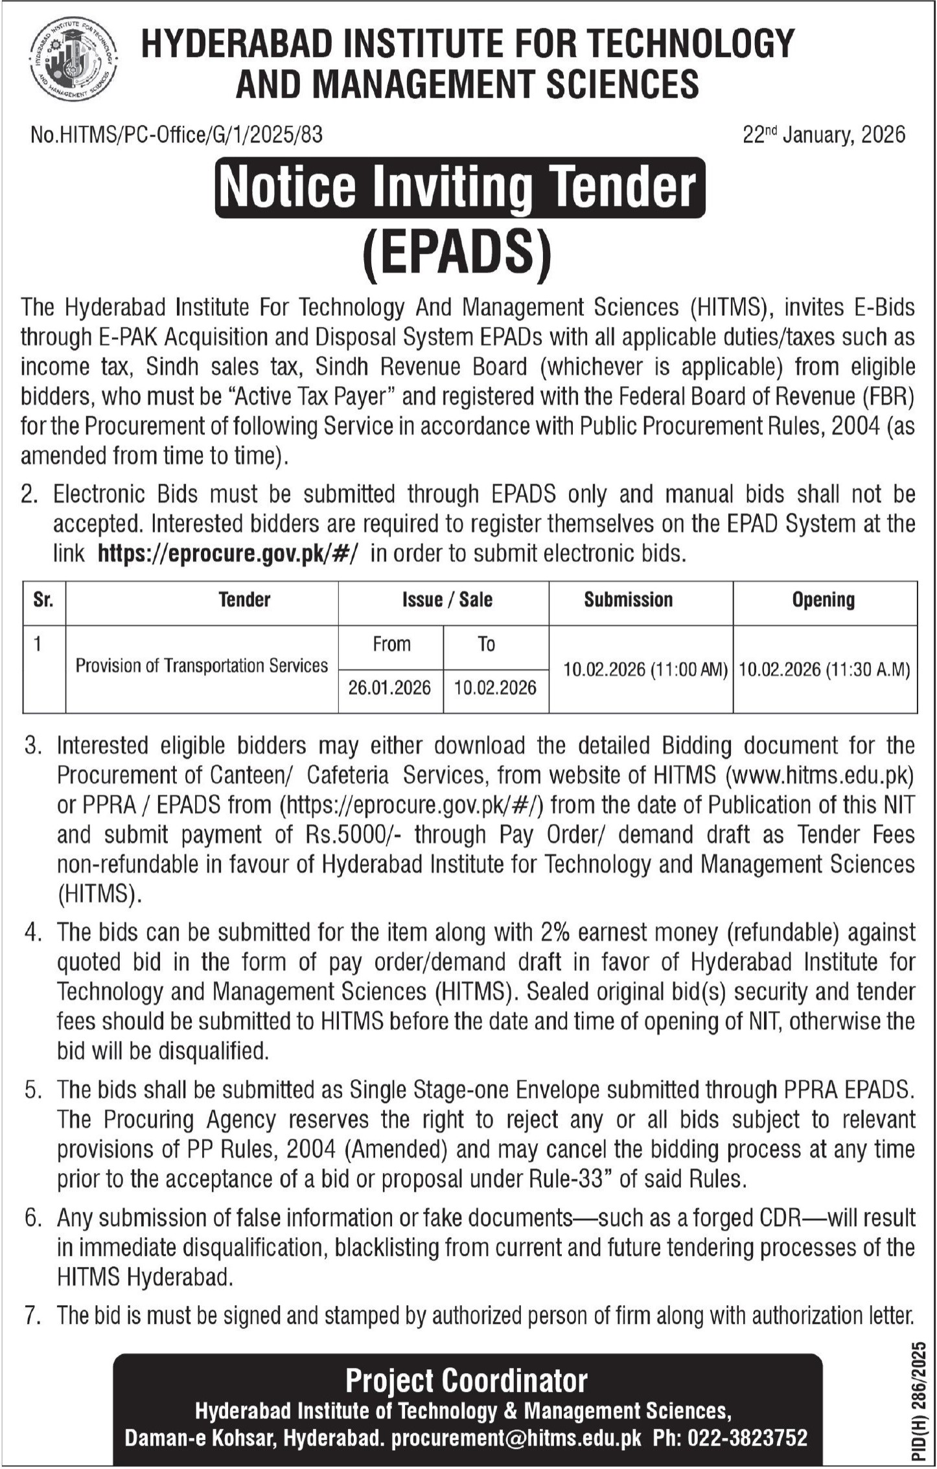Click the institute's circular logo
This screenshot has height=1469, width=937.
point(73,61)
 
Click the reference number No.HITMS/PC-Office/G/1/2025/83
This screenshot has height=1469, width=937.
point(176,135)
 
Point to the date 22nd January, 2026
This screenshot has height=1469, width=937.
point(824,135)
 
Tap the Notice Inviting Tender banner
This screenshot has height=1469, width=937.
point(459,187)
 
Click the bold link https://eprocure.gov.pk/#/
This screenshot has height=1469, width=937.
point(227,554)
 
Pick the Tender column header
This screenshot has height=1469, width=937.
point(244,600)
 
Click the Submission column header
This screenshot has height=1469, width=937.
point(628,600)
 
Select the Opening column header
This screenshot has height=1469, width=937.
point(823,600)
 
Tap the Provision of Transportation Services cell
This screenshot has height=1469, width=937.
point(202,666)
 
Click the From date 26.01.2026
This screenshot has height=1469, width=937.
point(389,688)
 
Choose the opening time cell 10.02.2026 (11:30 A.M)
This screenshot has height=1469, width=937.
point(824,669)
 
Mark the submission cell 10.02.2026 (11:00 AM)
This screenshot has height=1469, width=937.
point(645,669)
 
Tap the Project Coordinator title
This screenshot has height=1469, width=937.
point(466,1381)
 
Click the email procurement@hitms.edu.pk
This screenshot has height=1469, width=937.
point(516,1439)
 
